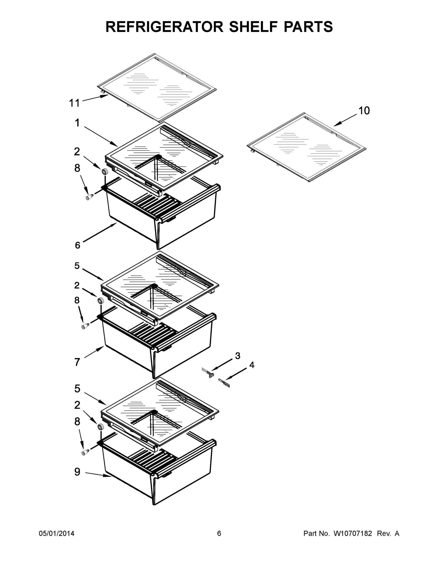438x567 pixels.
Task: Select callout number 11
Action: click(74, 103)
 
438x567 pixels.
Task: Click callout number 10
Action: click(364, 111)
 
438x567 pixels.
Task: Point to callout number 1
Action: click(77, 123)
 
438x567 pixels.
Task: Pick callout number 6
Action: click(78, 245)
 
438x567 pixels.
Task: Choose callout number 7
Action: click(77, 362)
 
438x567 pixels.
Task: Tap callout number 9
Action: click(77, 472)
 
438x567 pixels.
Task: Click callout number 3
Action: click(238, 356)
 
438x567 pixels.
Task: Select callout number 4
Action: click(252, 365)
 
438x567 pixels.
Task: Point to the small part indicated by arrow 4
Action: click(224, 383)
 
